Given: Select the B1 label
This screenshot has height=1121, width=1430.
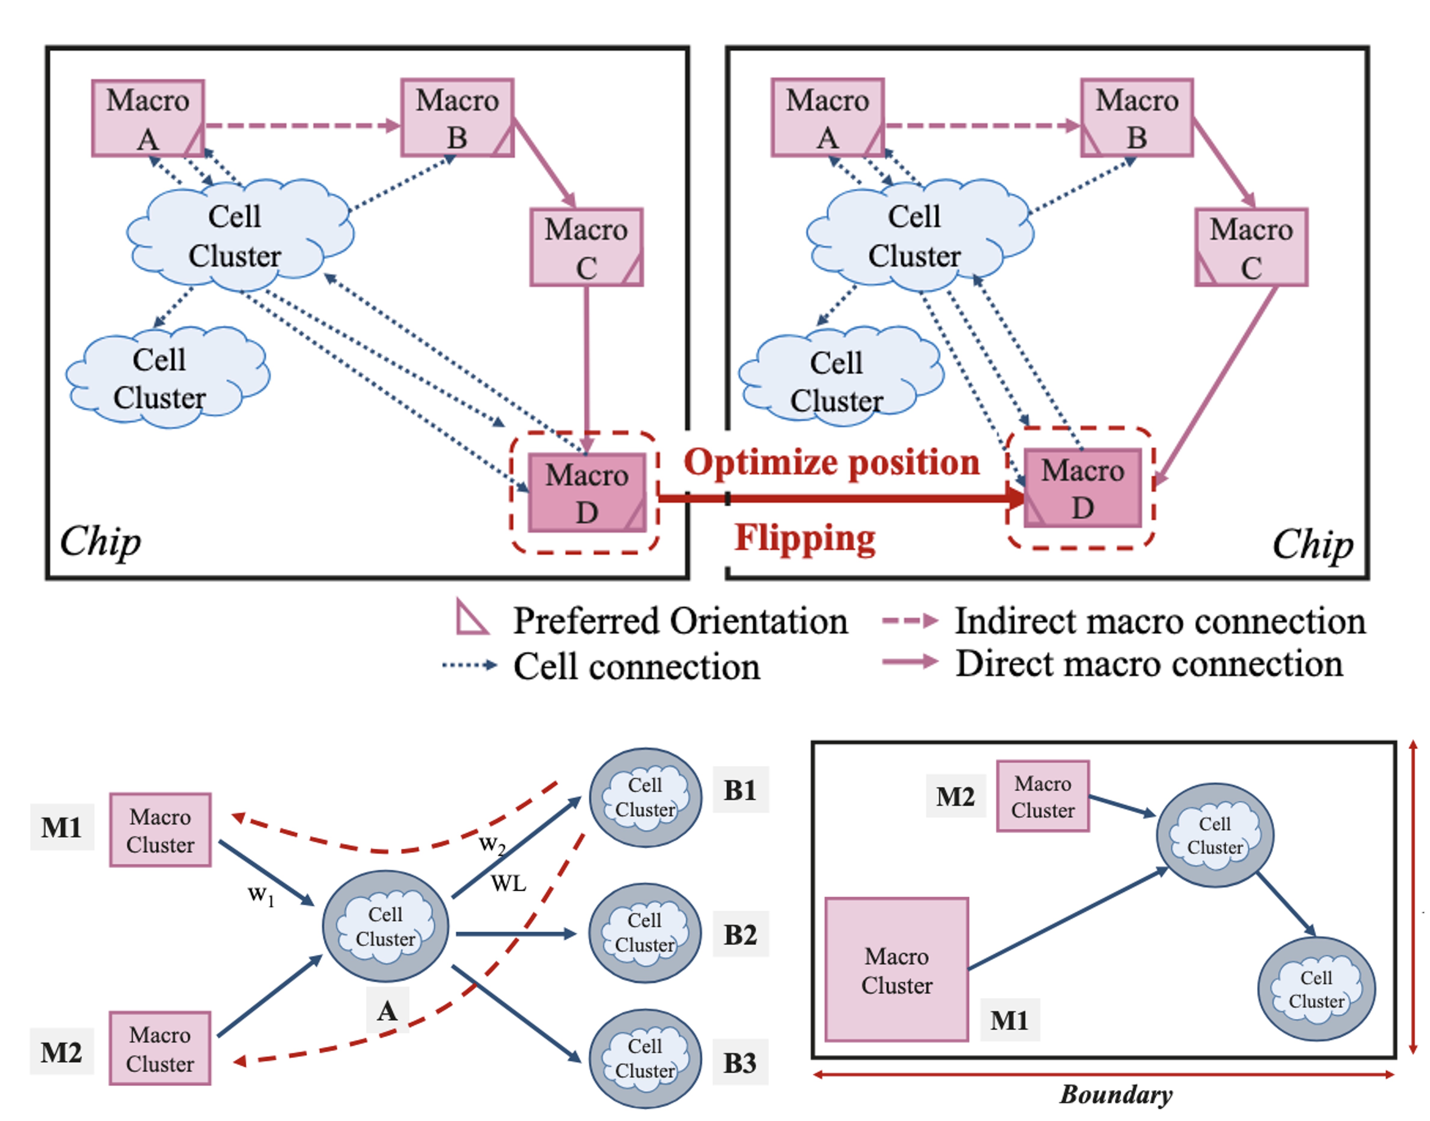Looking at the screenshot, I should pos(740,790).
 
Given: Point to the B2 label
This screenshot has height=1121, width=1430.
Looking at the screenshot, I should pos(740,935).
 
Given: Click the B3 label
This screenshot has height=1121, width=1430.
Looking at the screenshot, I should pos(740,1063).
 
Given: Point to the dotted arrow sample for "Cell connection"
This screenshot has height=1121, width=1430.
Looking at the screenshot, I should pos(470,665).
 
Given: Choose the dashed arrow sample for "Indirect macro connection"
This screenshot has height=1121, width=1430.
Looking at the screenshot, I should pos(909,620).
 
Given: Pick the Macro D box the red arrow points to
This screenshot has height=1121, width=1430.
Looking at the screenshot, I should pos(1082,488).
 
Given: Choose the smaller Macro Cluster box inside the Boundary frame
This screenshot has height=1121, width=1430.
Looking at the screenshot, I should pos(1043,796).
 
